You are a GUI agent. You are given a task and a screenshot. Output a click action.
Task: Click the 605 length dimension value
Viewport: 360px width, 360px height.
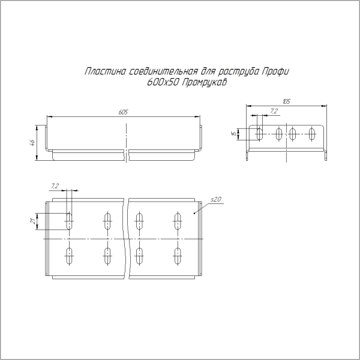click(123, 112)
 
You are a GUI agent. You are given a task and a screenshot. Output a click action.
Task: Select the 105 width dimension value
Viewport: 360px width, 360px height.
click(286, 103)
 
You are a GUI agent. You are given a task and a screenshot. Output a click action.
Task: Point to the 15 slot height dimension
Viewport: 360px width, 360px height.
click(232, 134)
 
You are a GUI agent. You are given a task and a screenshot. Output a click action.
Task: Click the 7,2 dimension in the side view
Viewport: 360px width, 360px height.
click(274, 111)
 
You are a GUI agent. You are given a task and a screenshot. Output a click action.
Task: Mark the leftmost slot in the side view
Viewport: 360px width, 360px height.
click(260, 134)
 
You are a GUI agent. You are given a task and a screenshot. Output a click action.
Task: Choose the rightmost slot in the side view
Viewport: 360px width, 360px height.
click(311, 134)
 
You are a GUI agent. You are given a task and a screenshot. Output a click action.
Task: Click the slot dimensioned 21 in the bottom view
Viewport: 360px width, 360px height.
click(70, 221)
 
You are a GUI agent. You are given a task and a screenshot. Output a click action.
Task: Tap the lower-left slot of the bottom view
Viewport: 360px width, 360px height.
click(70, 257)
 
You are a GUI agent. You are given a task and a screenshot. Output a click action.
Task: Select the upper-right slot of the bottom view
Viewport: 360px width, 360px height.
click(178, 221)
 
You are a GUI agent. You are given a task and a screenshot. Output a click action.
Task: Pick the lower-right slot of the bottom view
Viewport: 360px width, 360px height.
click(178, 257)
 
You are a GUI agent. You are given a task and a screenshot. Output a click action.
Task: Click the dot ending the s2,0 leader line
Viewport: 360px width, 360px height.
click(193, 212)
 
